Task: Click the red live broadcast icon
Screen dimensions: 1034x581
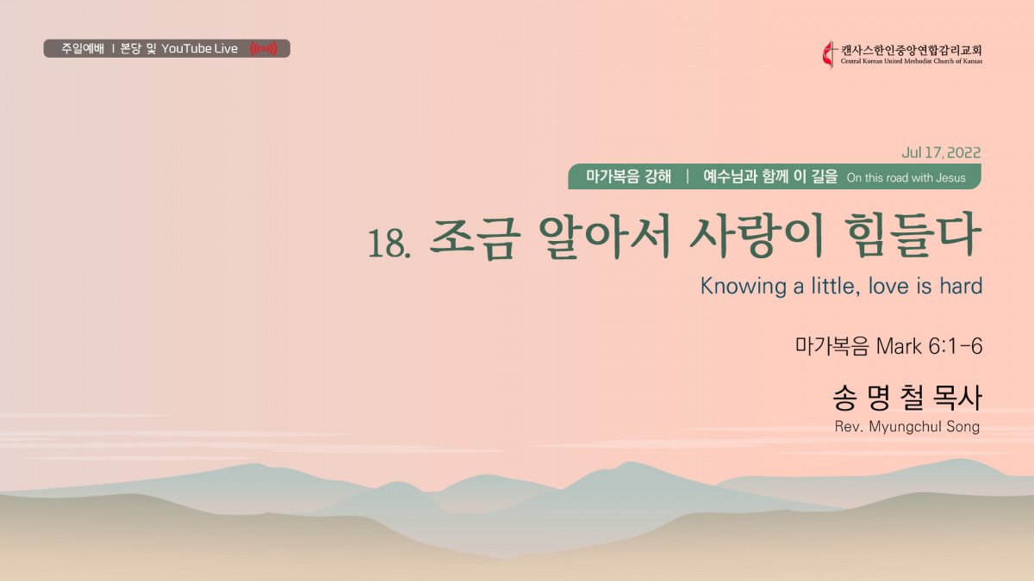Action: (x=264, y=48)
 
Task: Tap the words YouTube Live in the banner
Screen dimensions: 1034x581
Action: (x=199, y=48)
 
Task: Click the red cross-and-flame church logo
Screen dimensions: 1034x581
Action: (x=829, y=55)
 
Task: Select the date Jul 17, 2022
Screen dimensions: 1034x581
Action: (x=941, y=152)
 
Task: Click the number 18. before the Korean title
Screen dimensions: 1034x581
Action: (x=389, y=243)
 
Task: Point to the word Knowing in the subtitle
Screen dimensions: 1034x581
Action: (x=743, y=287)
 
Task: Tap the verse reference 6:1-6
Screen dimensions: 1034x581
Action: (x=955, y=346)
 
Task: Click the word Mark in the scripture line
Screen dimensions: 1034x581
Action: (x=899, y=346)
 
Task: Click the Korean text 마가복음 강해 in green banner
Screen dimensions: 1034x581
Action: (x=628, y=176)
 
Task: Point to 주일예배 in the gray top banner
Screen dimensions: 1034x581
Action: (x=83, y=48)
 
